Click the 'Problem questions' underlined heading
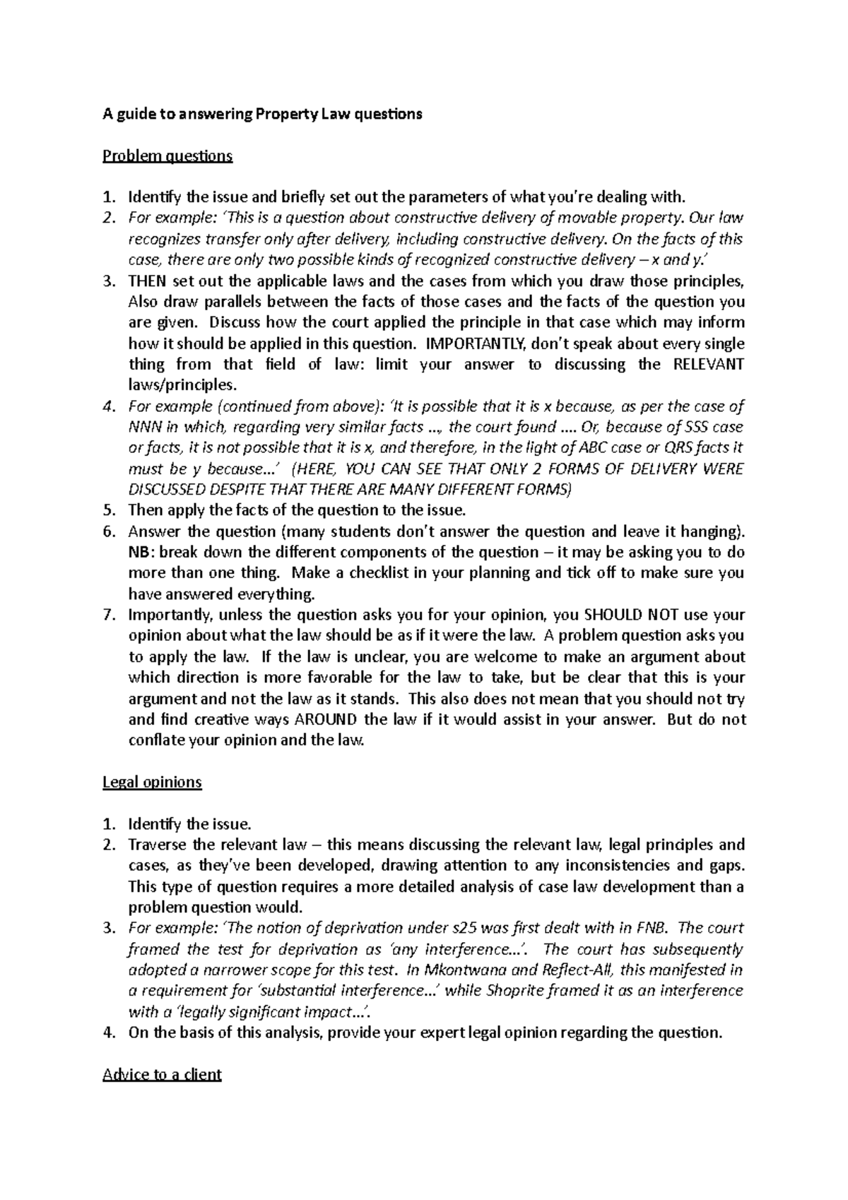point(167,155)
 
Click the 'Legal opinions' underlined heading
point(152,782)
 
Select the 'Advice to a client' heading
point(162,1074)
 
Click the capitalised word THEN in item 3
point(146,281)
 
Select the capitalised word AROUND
point(326,719)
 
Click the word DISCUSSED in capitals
point(168,490)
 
